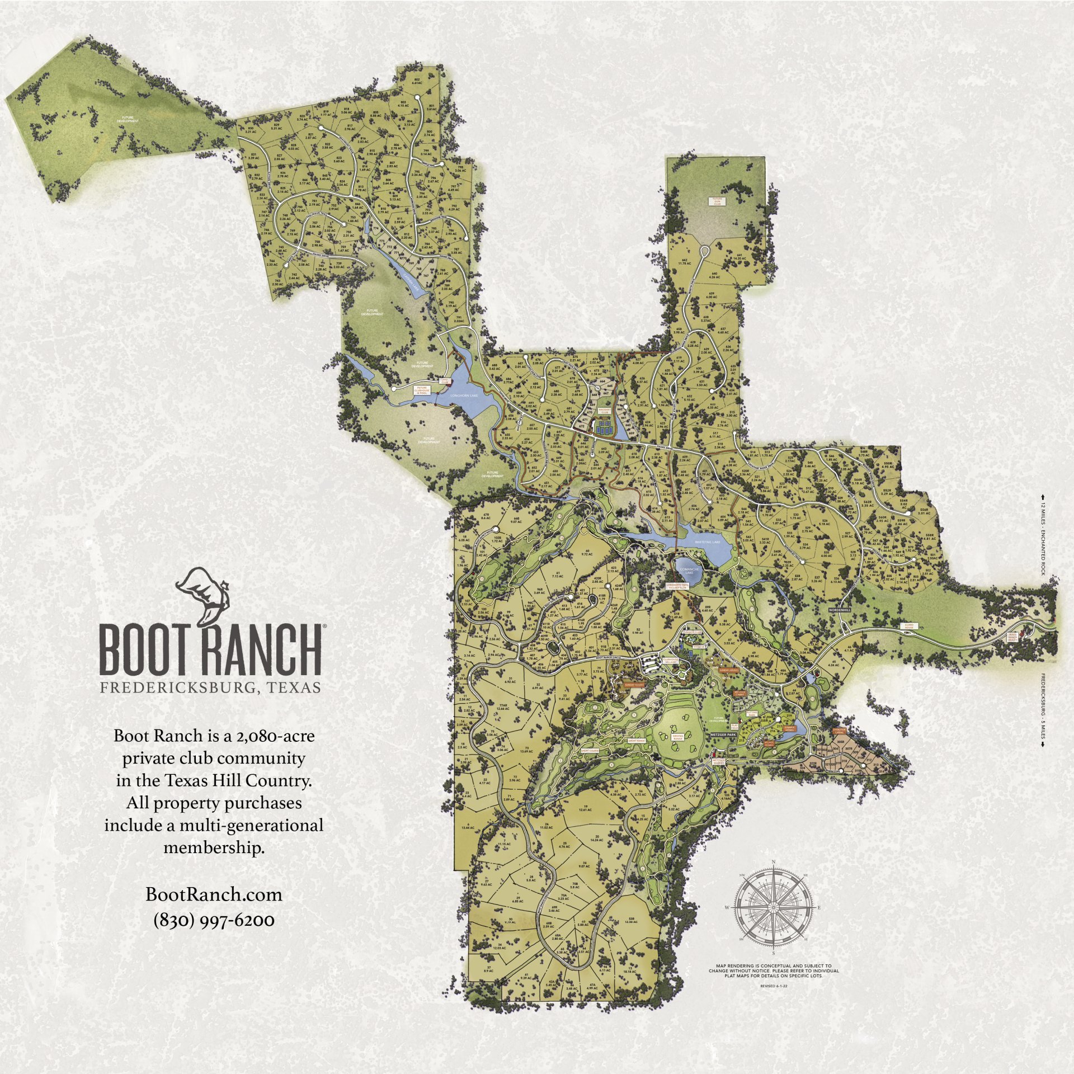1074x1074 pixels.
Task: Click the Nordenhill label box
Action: pos(839,610)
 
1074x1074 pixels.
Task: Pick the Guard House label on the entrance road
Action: pos(912,627)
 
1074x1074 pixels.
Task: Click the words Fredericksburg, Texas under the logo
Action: pos(210,687)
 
